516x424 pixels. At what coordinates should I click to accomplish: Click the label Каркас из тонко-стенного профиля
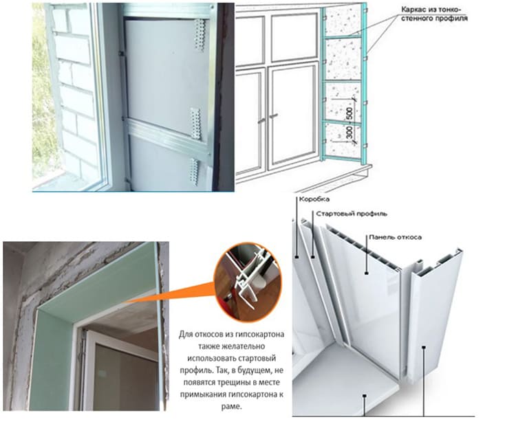(434, 14)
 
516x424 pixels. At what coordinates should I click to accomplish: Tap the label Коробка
(314, 199)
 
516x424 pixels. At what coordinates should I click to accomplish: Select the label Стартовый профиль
(352, 214)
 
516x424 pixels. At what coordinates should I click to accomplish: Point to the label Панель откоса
(395, 237)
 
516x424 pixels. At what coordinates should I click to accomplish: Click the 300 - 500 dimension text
(350, 123)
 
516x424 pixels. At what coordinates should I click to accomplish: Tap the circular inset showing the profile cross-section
(248, 282)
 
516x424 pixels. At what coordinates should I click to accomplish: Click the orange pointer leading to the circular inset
(171, 293)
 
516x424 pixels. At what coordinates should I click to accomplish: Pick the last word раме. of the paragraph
(232, 406)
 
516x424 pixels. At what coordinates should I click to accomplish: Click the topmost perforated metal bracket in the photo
(200, 35)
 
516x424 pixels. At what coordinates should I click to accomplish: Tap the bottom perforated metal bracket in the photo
(194, 171)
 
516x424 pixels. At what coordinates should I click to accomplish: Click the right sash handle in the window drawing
(273, 115)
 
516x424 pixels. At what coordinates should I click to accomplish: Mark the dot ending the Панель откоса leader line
(367, 273)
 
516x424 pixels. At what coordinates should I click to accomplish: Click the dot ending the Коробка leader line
(297, 257)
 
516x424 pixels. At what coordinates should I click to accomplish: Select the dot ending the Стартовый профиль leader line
(313, 257)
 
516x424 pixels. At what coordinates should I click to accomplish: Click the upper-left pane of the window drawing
(250, 39)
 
